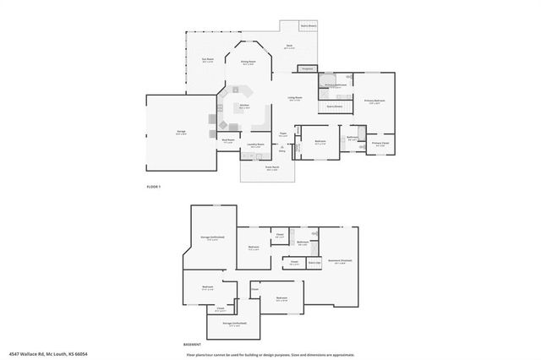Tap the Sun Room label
[207, 59]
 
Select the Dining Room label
[248, 62]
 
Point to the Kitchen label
[243, 106]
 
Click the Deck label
[289, 46]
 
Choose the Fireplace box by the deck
[308, 68]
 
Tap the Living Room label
[296, 98]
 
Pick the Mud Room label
[227, 141]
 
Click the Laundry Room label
[255, 145]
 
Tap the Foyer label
[284, 134]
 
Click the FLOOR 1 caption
[153, 185]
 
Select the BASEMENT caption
[192, 344]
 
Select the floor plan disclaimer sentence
[270, 354]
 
